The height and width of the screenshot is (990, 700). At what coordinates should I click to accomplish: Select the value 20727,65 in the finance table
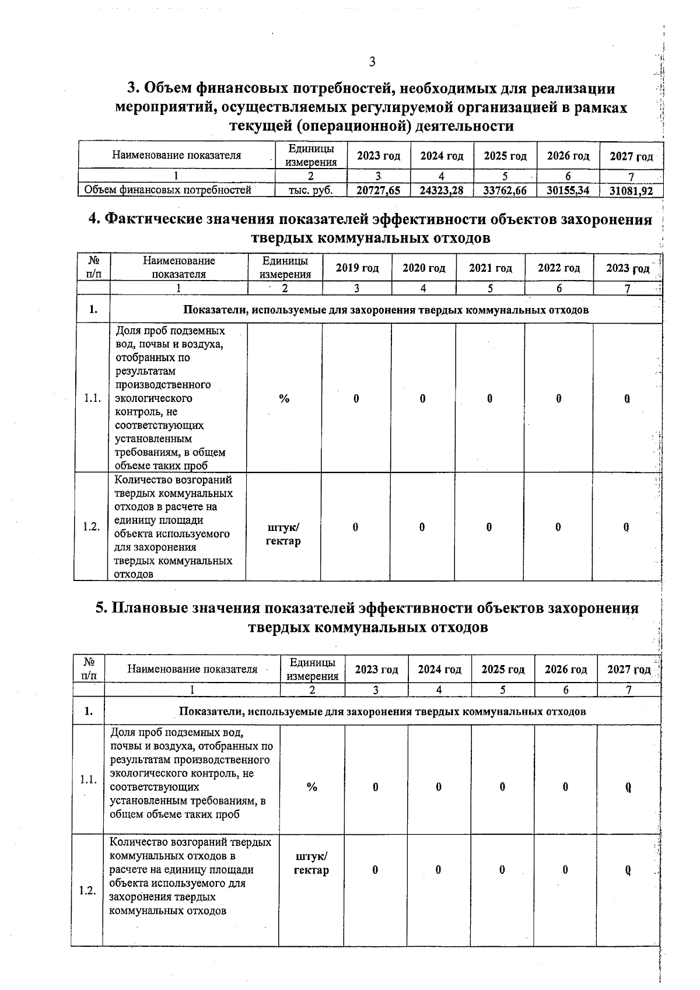coord(378,190)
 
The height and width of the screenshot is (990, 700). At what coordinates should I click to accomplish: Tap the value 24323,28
coord(442,190)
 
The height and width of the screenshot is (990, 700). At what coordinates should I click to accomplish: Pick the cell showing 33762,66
coord(505,190)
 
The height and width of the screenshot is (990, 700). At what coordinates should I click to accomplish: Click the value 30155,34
coord(568,190)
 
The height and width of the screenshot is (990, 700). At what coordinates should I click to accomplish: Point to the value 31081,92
coord(631,191)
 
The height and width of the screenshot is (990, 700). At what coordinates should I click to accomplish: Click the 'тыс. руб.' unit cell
coord(311,190)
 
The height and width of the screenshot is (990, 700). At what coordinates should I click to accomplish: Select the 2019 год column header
coord(357,268)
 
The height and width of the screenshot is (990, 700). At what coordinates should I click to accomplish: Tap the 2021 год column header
coord(490,268)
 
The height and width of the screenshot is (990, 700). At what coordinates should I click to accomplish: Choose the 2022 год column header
coord(558,268)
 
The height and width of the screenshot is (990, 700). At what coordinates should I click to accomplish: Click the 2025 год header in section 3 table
coord(505,156)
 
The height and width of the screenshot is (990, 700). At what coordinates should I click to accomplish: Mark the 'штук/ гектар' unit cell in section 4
coord(283,534)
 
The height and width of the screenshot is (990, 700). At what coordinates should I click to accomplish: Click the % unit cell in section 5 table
coord(312,787)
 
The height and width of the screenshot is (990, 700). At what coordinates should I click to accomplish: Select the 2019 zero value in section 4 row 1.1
coord(356,398)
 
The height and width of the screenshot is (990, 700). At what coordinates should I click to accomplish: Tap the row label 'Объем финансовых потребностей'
coord(168,190)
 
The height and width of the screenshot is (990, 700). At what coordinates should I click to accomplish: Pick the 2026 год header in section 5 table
coord(565,669)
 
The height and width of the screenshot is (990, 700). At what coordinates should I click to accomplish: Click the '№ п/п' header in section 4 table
coord(92,267)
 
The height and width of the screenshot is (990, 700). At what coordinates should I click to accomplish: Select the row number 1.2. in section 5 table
coord(87,891)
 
